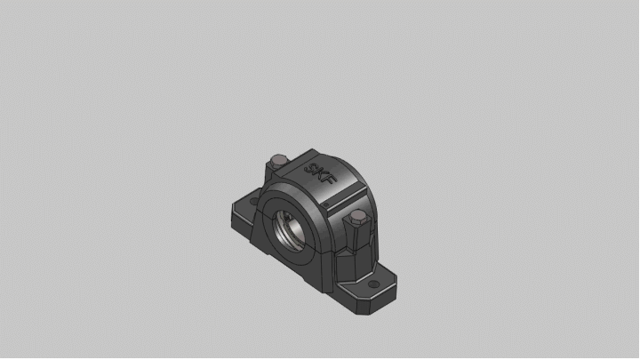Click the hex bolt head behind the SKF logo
click(277, 161)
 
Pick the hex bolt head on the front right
click(357, 219)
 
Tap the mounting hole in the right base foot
click(373, 285)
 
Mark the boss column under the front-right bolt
click(356, 238)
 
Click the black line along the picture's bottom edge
click(320, 357)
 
